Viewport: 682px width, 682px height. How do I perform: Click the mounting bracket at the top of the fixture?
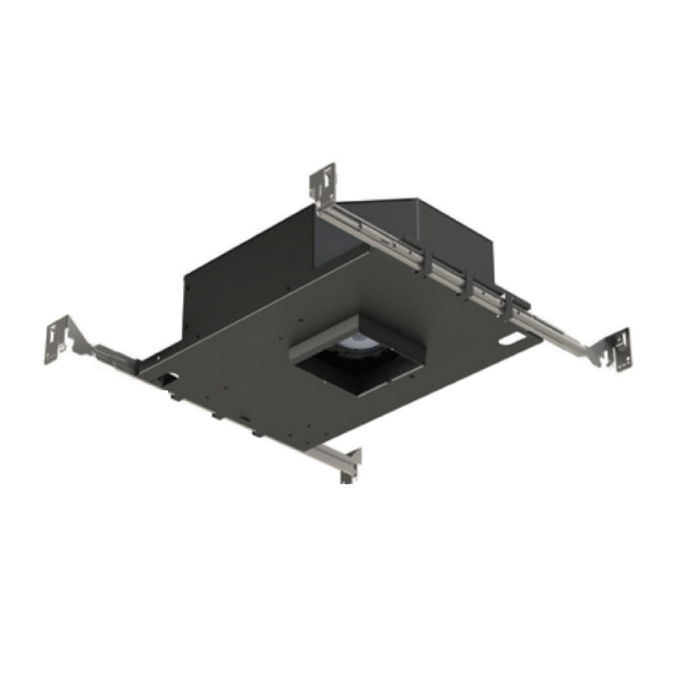323,183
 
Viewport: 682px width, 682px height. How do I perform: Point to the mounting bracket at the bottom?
349,465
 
